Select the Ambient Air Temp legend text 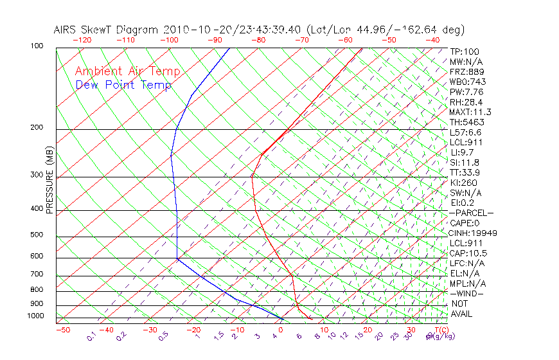coord(128,72)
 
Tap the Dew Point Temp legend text coord(123,85)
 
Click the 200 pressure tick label coord(37,128)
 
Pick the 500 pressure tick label coord(37,235)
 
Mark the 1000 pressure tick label coord(35,316)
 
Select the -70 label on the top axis coord(301,40)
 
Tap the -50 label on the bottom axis coord(62,330)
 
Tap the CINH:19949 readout coord(473,233)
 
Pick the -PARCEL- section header coord(472,213)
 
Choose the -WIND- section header coord(467,293)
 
